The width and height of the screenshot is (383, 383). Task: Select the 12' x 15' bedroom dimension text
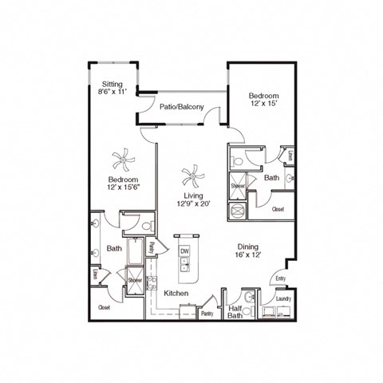[264, 103]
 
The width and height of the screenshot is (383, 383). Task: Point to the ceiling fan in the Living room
[191, 174]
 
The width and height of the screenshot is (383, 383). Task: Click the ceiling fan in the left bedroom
[122, 161]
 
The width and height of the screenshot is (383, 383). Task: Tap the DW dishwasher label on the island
[184, 251]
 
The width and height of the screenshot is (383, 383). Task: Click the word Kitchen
[176, 294]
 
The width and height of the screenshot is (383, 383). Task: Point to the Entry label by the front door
[280, 278]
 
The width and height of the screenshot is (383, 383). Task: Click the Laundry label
[283, 299]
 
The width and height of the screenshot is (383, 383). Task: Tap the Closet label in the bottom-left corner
[104, 306]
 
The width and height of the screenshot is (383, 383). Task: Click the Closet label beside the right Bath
[278, 209]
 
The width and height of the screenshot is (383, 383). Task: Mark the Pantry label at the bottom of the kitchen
[207, 314]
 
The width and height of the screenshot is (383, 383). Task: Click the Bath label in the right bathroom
[271, 178]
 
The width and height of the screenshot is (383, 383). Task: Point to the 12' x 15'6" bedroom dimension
[124, 188]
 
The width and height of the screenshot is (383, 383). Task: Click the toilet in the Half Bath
[248, 298]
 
